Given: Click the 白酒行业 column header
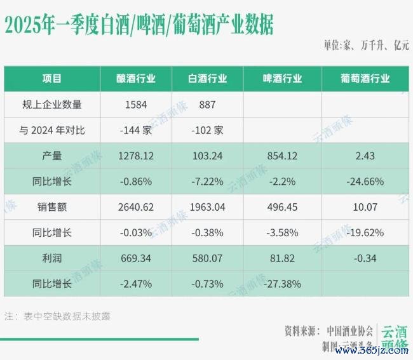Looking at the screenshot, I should coord(207,79).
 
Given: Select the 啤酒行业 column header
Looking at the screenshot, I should coord(282,79).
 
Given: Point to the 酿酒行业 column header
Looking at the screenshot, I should coord(135,79).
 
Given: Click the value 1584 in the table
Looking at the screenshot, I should coord(135,105).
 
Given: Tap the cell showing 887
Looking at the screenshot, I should coord(207,105).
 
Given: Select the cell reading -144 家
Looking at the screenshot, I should coord(135,130).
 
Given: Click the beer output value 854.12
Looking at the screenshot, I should coord(282,156).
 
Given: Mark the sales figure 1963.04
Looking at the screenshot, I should coord(207,206).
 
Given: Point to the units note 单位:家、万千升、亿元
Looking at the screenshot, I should coord(365,46).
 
